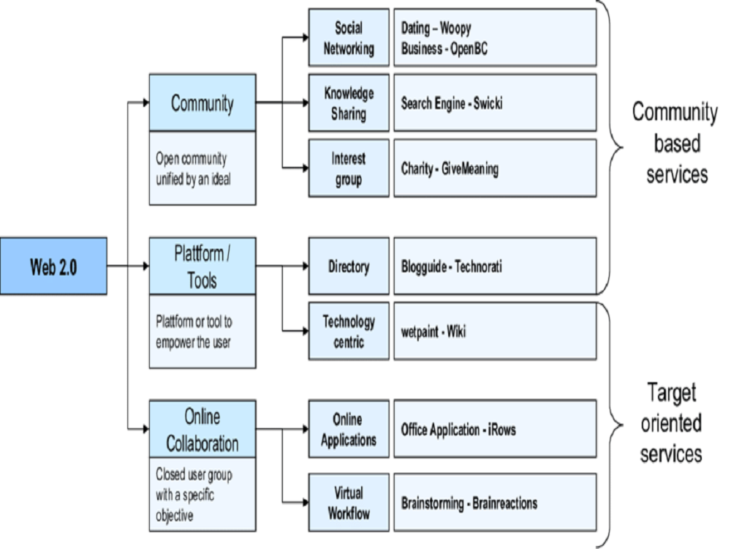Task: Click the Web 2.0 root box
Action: coord(53,266)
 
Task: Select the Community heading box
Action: coord(202,102)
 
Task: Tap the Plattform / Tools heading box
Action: coord(202,266)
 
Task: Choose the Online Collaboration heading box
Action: coord(202,429)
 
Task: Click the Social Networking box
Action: coord(349,38)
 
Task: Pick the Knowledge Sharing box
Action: coord(349,103)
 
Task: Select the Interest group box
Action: coord(349,168)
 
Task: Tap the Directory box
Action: coord(349,266)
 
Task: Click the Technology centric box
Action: coord(349,331)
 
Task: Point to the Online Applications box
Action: coord(349,430)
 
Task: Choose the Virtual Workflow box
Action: coord(349,502)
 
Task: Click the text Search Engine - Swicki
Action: coord(452,103)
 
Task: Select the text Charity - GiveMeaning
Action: coord(450,169)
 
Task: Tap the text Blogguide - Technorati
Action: coord(452,267)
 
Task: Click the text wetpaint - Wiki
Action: coord(433,332)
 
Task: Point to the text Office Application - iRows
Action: coord(458,430)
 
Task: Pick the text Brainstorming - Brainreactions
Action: coord(469,503)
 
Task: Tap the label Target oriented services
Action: coord(671,423)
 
